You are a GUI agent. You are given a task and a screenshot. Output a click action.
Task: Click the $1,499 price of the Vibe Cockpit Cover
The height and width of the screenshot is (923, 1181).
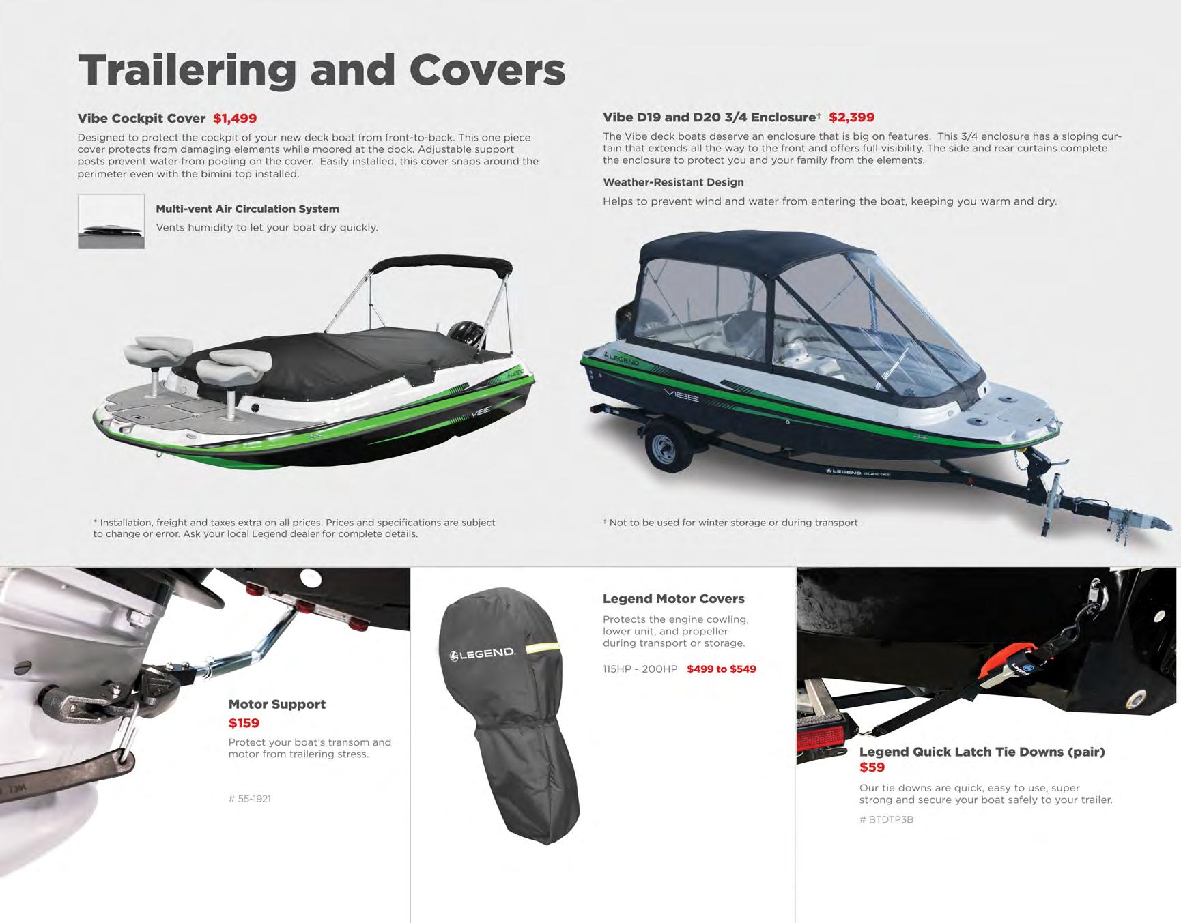tap(234, 119)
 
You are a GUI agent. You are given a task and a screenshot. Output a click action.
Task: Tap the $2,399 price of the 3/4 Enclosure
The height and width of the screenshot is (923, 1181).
tap(851, 117)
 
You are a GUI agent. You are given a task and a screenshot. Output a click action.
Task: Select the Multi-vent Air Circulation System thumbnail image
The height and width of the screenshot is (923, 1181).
tap(111, 222)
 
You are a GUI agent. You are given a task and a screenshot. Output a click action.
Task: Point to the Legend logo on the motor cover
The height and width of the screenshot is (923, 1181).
tap(483, 654)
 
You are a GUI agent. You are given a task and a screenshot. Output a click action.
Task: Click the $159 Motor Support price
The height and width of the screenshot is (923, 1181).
tap(244, 723)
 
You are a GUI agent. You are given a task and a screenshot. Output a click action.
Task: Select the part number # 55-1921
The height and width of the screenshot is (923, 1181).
tap(250, 799)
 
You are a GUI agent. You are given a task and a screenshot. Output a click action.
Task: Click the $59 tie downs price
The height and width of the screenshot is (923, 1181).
tap(872, 767)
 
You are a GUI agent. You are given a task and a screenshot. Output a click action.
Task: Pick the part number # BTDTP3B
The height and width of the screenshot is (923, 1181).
tap(886, 819)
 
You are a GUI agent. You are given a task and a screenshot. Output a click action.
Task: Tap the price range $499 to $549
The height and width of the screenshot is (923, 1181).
tap(721, 669)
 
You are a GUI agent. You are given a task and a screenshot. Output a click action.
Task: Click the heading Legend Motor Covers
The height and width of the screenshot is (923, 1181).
tap(673, 599)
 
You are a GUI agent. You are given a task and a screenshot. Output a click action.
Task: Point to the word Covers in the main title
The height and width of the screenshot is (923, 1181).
tap(487, 70)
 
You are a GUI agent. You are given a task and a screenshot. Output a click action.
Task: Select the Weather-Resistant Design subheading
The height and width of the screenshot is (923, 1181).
tap(673, 182)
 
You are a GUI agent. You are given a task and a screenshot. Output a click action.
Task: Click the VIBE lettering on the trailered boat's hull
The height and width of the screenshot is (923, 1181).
tap(681, 394)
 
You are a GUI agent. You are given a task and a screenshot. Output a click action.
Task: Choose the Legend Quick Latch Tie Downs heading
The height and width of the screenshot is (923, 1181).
tap(982, 752)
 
